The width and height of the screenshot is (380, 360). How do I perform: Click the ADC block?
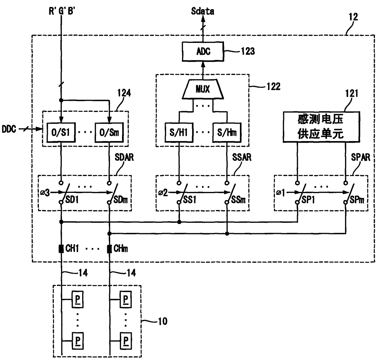[x=203, y=51]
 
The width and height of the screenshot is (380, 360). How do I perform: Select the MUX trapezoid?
[x=203, y=89]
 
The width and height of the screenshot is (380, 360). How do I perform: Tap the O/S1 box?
[x=61, y=132]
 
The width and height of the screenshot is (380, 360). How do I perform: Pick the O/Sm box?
[x=109, y=132]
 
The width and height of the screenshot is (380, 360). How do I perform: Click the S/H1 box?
[x=179, y=133]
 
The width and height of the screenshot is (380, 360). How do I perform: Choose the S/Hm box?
[x=227, y=133]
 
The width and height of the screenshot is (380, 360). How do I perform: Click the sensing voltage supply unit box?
[x=321, y=127]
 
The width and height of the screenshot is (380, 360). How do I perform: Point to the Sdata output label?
[x=203, y=11]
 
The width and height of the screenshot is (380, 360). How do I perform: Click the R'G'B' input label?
[x=62, y=11]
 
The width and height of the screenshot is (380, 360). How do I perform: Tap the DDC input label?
[x=9, y=129]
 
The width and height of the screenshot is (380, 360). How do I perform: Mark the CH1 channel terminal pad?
[x=61, y=249]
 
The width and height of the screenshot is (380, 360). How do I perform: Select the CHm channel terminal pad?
[x=109, y=249]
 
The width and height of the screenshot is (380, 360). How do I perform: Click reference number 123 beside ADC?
[x=248, y=51]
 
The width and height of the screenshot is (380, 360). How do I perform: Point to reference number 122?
[x=273, y=86]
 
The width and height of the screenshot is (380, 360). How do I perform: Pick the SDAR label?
[x=124, y=157]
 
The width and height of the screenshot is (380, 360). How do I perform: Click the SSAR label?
[x=242, y=157]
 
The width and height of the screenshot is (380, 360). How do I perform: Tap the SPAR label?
[x=360, y=157]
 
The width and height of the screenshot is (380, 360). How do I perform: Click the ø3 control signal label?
[x=45, y=193]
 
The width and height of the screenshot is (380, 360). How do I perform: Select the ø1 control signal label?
[x=280, y=193]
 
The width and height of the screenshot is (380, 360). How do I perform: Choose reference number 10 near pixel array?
[x=163, y=321]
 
